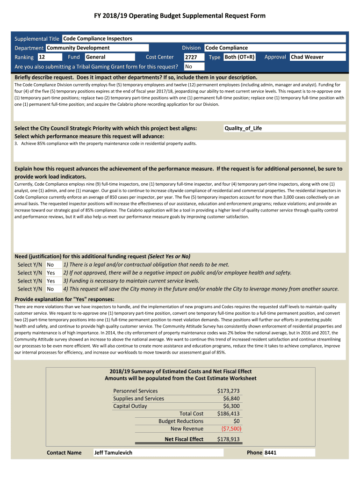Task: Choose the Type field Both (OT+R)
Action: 240,57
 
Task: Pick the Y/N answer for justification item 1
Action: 50,265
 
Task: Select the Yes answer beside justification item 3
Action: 51,281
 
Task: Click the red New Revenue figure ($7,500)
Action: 231,428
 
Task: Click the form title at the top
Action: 180,16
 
